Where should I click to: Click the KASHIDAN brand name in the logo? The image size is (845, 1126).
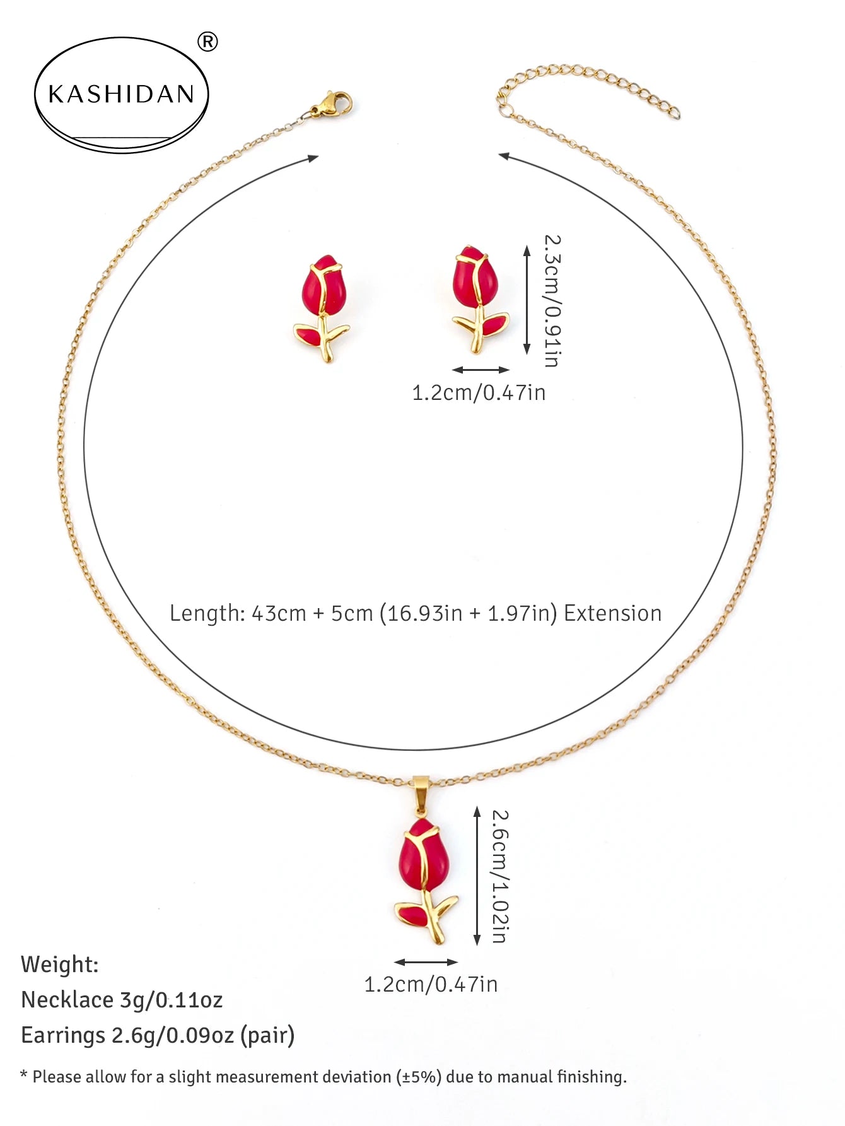click(121, 94)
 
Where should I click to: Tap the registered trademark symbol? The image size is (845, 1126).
click(207, 42)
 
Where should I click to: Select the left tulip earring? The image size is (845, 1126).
click(323, 308)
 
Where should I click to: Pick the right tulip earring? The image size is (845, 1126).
click(479, 298)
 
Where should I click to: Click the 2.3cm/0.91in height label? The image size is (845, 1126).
click(552, 301)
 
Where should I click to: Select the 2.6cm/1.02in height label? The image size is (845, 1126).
click(499, 876)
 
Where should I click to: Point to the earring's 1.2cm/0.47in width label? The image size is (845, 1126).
click(479, 393)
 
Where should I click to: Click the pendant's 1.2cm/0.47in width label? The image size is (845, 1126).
click(431, 984)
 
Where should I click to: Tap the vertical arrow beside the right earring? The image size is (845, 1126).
click(527, 300)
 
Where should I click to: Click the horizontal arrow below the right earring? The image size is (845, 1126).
click(481, 370)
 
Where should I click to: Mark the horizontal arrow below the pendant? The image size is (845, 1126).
click(426, 962)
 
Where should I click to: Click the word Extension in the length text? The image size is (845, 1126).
click(612, 613)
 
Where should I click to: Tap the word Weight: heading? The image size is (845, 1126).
click(60, 965)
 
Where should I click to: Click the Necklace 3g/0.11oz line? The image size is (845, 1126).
click(122, 1000)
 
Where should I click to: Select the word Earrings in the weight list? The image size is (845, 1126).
click(63, 1036)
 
